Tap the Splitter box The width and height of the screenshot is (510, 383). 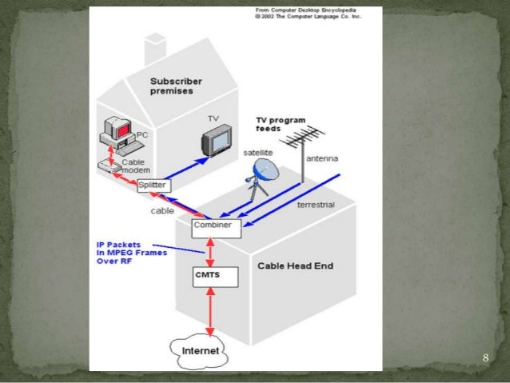pyautogui.click(x=152, y=186)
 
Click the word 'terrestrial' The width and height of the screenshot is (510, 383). pyautogui.click(x=315, y=205)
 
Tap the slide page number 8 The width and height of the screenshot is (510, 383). pyautogui.click(x=485, y=357)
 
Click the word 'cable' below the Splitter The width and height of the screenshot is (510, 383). pyautogui.click(x=162, y=211)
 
